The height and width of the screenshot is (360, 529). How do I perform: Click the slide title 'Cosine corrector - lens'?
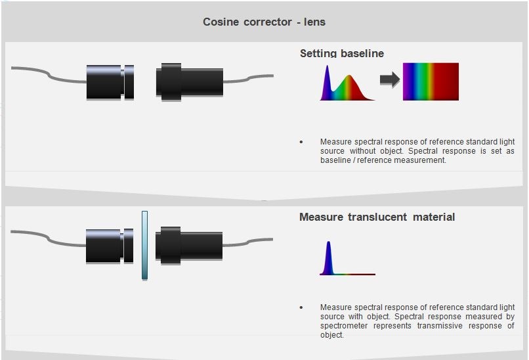click(x=264, y=22)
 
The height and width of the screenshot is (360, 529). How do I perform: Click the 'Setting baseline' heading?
click(x=341, y=53)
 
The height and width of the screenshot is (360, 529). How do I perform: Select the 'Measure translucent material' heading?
click(x=377, y=217)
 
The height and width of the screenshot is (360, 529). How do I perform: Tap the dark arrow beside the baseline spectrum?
click(x=390, y=80)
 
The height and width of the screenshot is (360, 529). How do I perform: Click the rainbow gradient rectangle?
click(x=431, y=81)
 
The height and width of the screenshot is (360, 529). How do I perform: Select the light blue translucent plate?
click(x=144, y=245)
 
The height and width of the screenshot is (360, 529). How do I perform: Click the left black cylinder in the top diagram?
click(x=105, y=82)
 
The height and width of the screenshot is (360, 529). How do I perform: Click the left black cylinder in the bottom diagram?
click(x=105, y=245)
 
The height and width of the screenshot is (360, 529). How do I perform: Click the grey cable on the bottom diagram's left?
click(x=46, y=236)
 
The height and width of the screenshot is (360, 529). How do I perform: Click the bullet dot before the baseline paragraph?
click(x=301, y=142)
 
